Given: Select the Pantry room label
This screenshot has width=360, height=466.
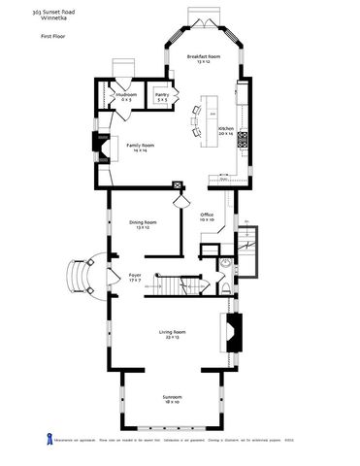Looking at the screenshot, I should tap(162, 97).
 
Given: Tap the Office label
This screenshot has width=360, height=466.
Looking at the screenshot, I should tap(206, 216).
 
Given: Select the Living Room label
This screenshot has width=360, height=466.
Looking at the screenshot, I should tap(173, 334).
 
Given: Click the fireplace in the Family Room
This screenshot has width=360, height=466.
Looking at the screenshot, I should tap(101, 146).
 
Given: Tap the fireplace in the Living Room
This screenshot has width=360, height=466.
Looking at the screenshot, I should tap(232, 333).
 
